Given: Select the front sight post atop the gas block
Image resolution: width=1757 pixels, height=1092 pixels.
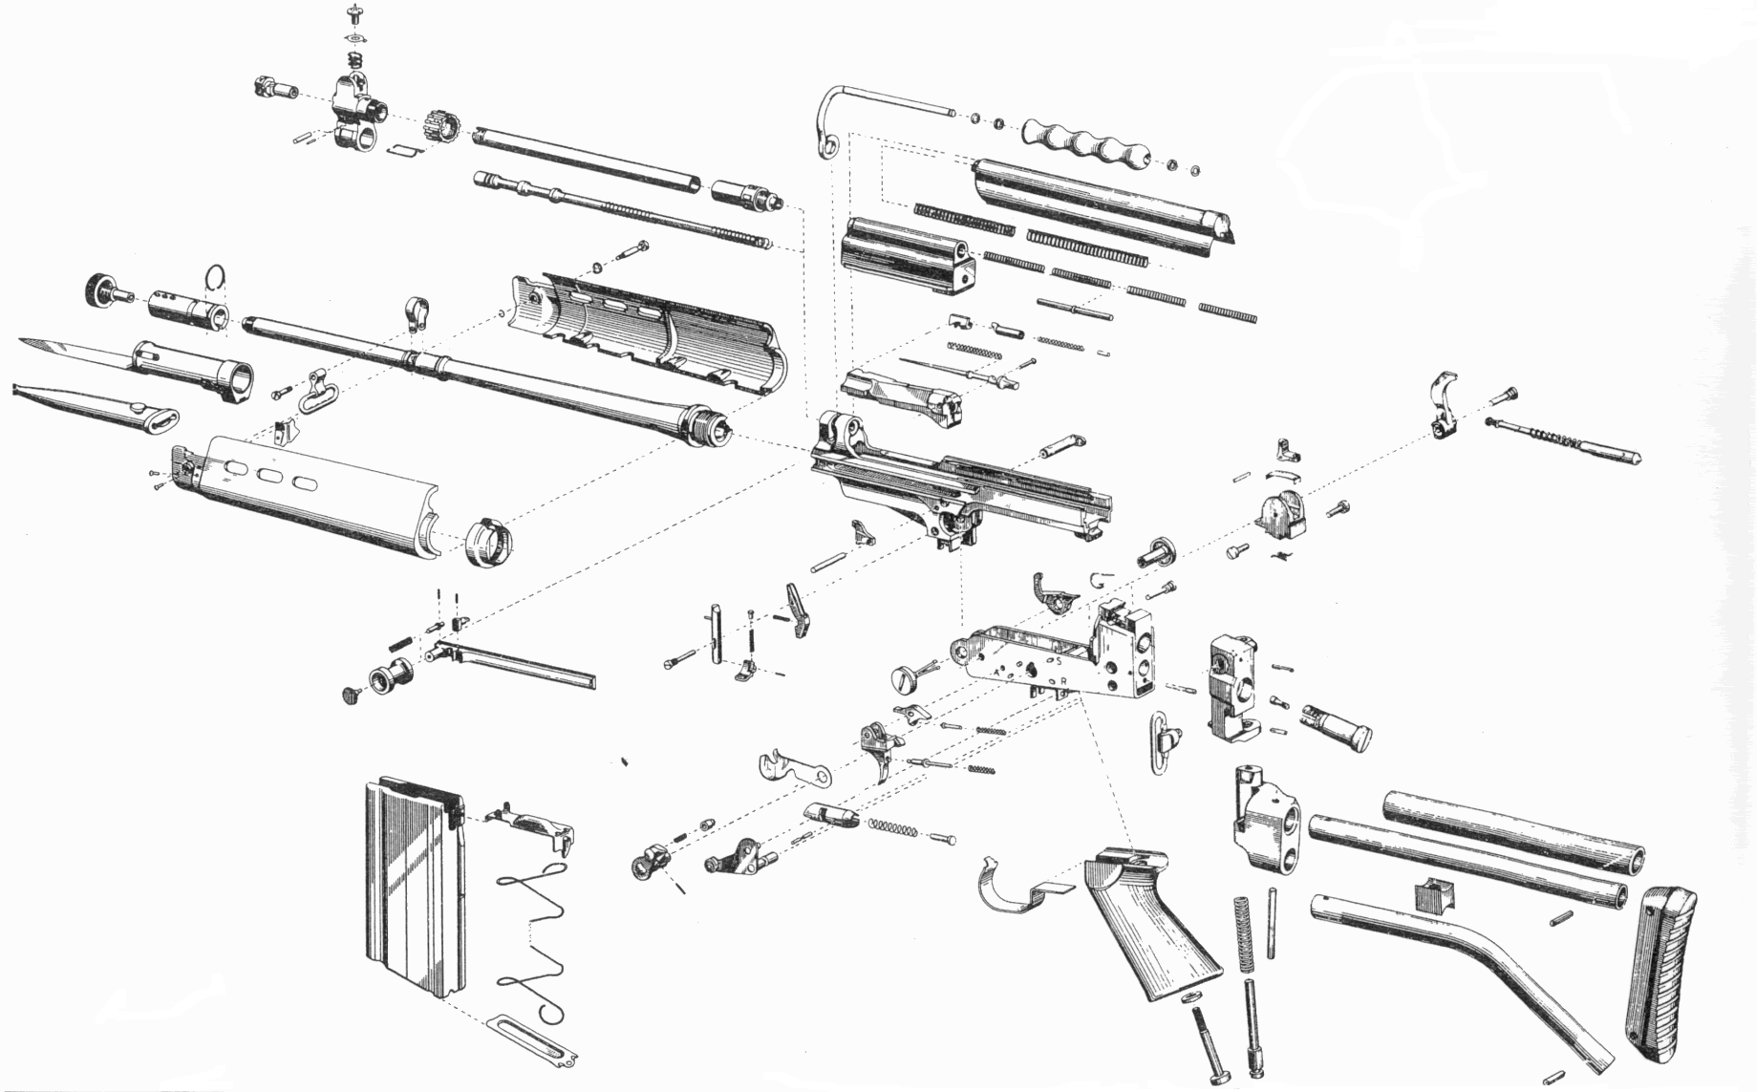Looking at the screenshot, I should pos(355,13).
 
